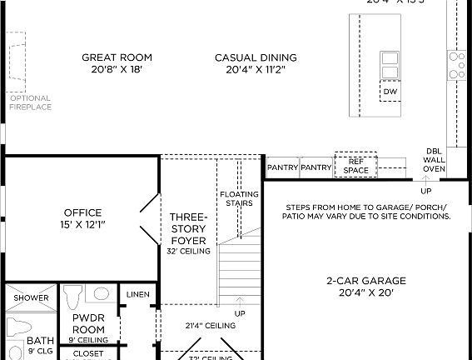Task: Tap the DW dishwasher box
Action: (390, 91)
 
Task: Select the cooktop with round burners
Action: (457, 64)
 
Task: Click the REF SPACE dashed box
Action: (355, 166)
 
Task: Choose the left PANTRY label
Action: (283, 167)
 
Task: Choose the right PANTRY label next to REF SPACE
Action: (316, 167)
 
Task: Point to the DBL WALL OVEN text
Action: (434, 158)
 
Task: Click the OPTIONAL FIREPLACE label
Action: (30, 102)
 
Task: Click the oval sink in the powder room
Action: (101, 293)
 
